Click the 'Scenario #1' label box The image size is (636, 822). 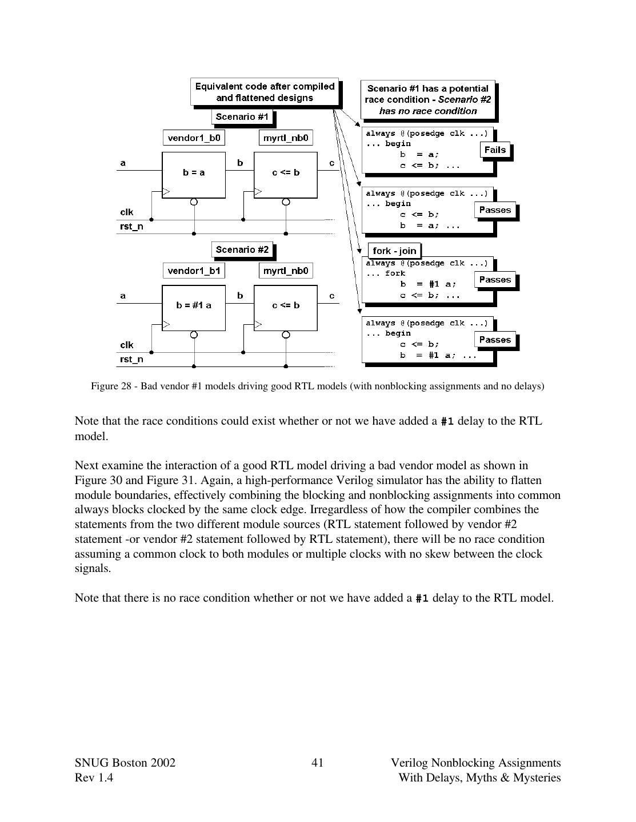(x=242, y=117)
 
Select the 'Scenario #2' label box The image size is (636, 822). (x=242, y=250)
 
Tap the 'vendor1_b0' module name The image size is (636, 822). (x=194, y=138)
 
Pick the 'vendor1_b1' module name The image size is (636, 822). (x=194, y=271)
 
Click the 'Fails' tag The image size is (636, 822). (x=495, y=150)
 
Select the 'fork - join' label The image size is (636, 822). (x=394, y=251)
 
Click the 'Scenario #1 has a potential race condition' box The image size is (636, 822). (x=429, y=100)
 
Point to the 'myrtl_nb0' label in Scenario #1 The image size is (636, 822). (x=286, y=138)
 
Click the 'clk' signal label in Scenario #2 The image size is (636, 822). (x=126, y=345)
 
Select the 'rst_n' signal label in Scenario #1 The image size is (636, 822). (x=131, y=227)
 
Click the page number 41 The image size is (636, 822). (x=318, y=763)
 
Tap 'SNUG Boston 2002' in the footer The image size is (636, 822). (x=125, y=763)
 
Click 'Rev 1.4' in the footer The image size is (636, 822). (x=94, y=777)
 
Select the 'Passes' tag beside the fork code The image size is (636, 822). (x=495, y=280)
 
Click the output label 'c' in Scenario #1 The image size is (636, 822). (x=331, y=163)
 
